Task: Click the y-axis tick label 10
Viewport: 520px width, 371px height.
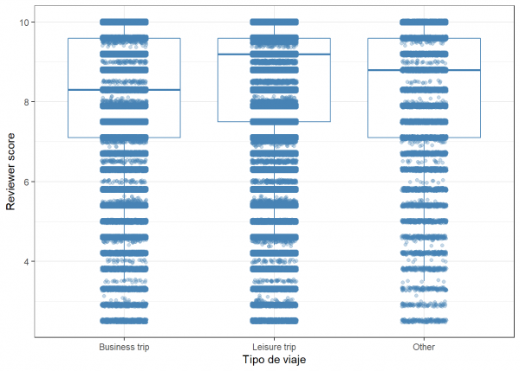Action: (26, 22)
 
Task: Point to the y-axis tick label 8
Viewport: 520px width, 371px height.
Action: (29, 101)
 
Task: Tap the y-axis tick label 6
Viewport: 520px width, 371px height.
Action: (29, 182)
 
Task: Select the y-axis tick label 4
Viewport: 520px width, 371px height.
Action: (29, 261)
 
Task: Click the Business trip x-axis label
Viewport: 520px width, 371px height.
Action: (124, 347)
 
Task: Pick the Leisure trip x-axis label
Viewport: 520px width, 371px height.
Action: (274, 347)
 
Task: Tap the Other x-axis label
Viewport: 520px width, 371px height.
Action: (424, 347)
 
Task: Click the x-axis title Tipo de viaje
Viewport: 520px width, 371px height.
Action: (274, 360)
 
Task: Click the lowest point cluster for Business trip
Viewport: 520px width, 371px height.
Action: (124, 321)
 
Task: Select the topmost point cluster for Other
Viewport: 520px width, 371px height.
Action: (424, 22)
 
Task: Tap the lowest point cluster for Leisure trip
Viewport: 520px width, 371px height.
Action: (274, 321)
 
